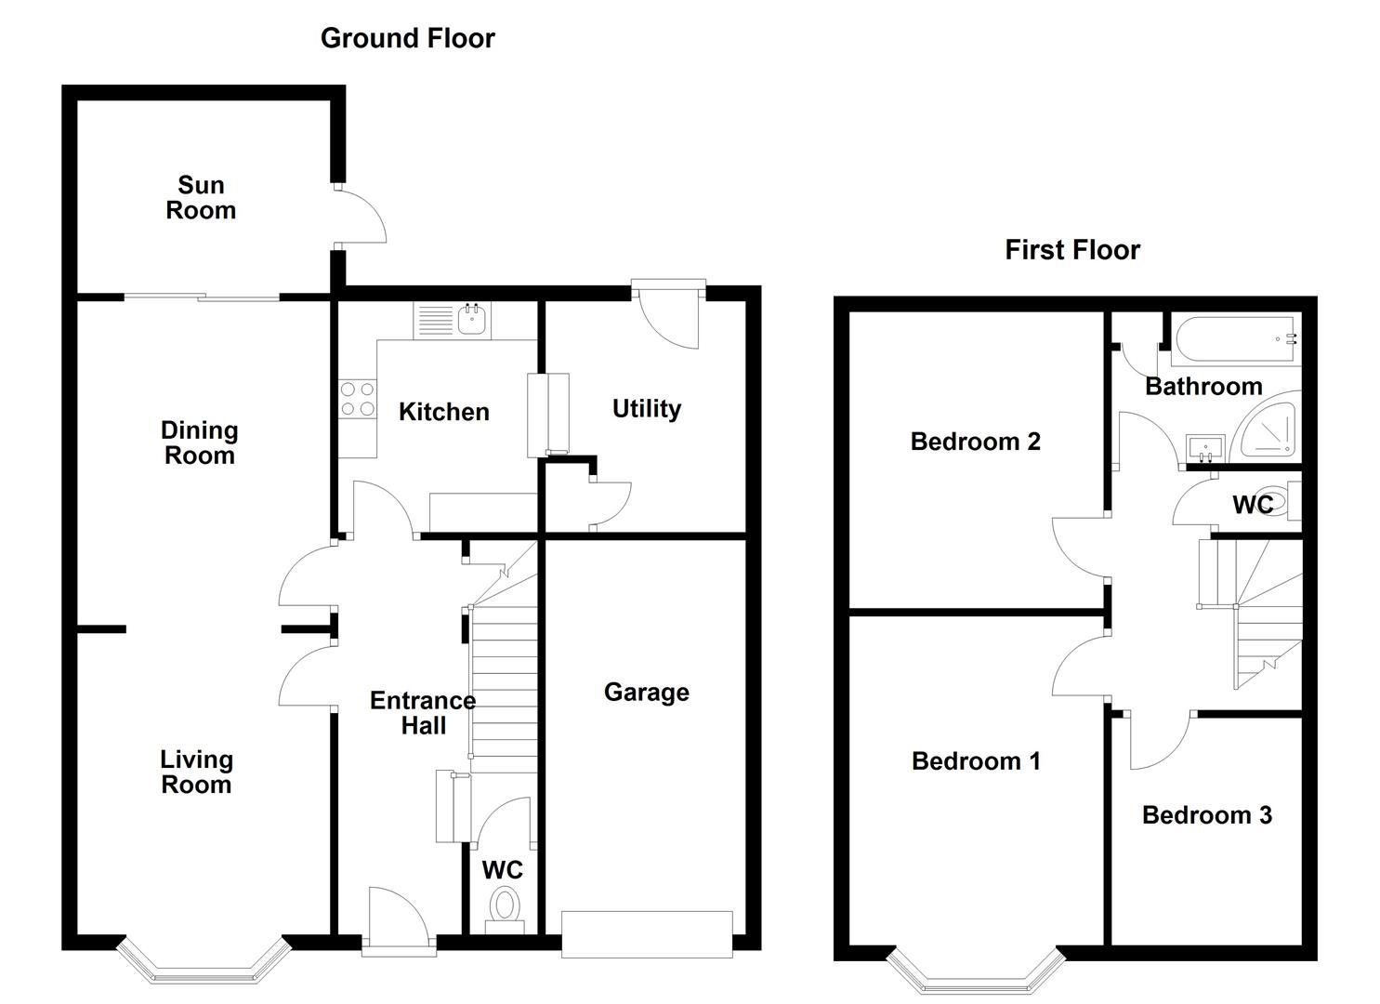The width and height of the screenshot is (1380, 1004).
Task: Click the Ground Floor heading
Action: point(407,38)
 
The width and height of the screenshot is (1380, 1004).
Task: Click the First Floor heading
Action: point(1072,250)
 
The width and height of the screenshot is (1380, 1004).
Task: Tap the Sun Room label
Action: point(201,198)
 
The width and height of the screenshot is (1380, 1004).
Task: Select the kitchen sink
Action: point(473,321)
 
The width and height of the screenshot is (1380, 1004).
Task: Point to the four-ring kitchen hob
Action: point(358,399)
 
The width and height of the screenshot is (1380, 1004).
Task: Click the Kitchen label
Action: point(444,412)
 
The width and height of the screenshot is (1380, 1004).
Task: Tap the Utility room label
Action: point(647,409)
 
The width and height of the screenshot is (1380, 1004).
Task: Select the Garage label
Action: point(647,693)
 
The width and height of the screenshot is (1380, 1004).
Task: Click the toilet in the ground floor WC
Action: point(505,910)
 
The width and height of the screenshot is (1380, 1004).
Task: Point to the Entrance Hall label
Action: point(423,713)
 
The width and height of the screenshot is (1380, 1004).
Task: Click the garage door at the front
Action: point(647,934)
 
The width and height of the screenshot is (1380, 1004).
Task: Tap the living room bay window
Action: point(204,962)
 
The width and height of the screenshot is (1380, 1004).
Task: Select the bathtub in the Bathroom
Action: point(1236,339)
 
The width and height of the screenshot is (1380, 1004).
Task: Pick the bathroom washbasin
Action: point(1205,448)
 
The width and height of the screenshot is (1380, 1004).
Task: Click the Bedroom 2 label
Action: point(975,442)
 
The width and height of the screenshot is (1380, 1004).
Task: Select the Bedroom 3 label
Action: point(1207,815)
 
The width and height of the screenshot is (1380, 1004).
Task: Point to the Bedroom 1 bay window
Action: point(975,972)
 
